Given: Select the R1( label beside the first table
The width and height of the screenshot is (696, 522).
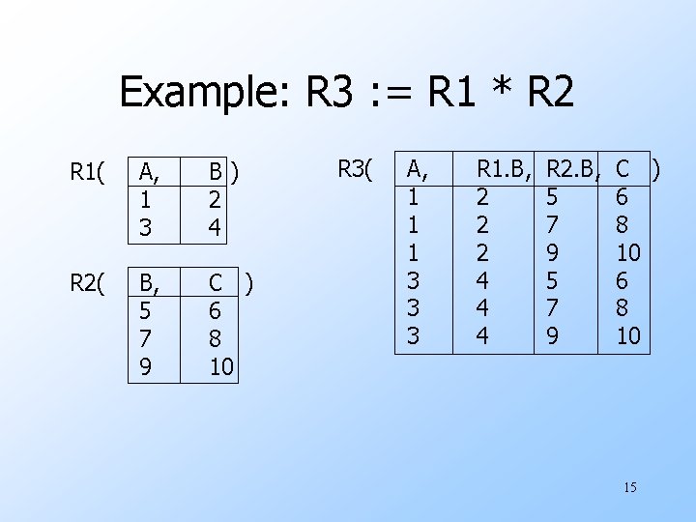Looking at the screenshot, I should (x=88, y=173).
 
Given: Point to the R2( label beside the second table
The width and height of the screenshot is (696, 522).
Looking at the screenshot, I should (x=88, y=283).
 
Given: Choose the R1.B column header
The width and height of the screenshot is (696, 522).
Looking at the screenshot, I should (x=506, y=171).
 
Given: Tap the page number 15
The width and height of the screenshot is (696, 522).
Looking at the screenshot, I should (x=629, y=487).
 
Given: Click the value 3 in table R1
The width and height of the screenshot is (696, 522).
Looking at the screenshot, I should (x=146, y=229).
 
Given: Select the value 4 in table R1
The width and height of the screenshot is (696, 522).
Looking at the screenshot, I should (x=217, y=229).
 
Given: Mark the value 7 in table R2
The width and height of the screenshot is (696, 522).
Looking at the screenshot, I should (x=146, y=339).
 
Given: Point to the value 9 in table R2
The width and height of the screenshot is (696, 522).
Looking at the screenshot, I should (x=146, y=367).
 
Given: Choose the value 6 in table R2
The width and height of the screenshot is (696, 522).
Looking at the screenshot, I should (x=217, y=311).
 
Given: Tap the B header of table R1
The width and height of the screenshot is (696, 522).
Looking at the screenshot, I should (x=218, y=173).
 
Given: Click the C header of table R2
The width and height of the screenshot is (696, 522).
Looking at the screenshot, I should (x=217, y=283).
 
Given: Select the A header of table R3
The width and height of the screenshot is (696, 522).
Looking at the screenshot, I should (x=417, y=171).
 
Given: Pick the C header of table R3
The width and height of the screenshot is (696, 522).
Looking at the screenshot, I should (x=623, y=171).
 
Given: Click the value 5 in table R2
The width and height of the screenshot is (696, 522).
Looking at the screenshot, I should (x=146, y=311).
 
